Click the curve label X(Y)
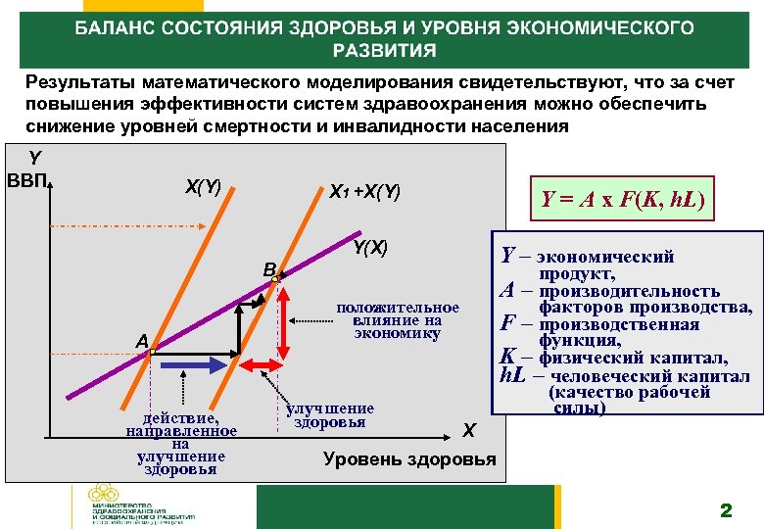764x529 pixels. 203,186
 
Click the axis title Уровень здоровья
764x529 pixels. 408,459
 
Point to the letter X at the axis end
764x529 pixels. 469,431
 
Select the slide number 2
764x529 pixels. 726,508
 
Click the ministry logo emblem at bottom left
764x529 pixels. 101,494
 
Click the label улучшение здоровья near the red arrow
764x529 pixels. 331,415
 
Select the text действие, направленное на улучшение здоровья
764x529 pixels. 181,443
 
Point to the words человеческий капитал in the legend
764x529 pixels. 648,375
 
